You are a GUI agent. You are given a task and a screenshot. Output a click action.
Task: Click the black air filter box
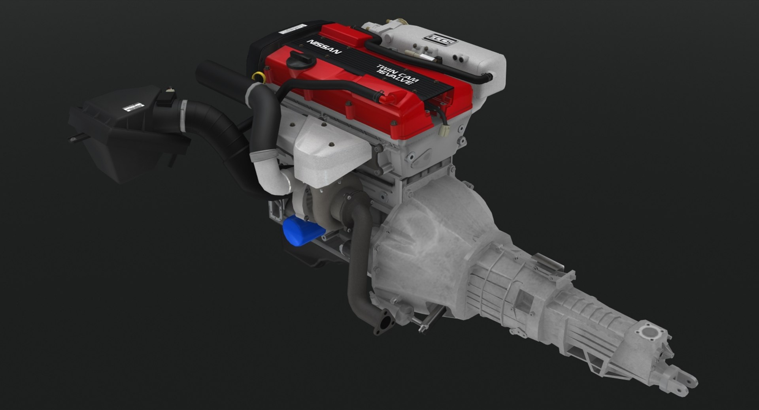tap(119, 130)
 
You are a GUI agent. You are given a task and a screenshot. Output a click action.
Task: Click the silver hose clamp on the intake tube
tap(183, 117)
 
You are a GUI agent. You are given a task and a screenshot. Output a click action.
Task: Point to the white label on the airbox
tap(132, 107)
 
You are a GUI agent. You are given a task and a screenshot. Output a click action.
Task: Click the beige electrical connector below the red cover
tap(445, 131)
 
